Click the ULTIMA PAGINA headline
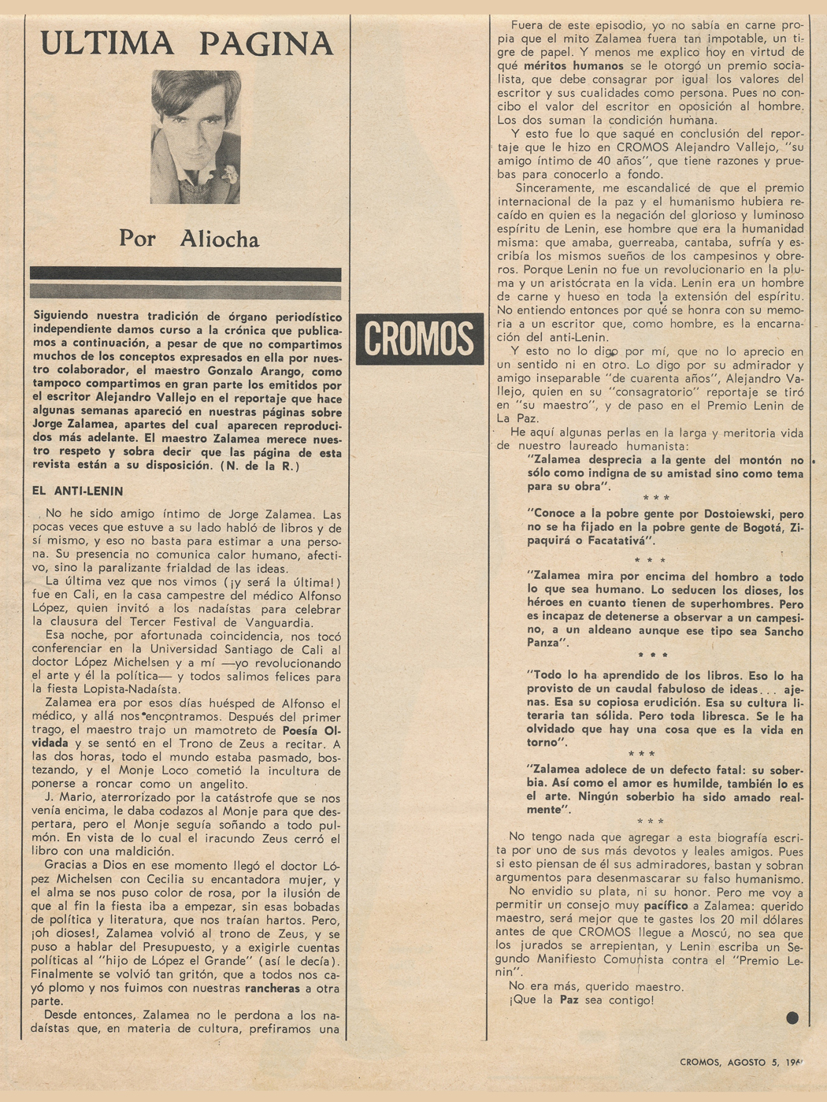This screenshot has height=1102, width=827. (187, 43)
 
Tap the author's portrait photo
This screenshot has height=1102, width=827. (195, 136)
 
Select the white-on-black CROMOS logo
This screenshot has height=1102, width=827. (419, 339)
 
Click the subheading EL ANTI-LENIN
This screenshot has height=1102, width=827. (77, 491)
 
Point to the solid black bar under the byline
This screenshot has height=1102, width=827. (186, 274)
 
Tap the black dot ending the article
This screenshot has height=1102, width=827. (792, 1017)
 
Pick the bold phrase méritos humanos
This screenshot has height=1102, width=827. (573, 66)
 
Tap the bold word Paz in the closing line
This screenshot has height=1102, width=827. (573, 1000)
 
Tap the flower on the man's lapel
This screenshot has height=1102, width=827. (230, 174)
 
